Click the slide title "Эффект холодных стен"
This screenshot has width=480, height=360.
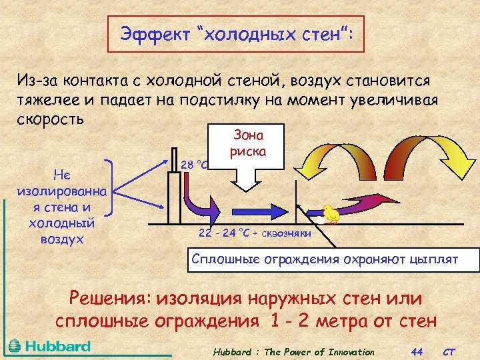[236, 34]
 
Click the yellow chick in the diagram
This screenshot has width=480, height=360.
[331, 213]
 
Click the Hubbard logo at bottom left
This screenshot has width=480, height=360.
[50, 346]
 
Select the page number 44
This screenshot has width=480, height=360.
[417, 351]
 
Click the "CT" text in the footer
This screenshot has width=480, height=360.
[450, 351]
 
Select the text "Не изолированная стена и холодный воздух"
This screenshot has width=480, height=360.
[56, 207]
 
